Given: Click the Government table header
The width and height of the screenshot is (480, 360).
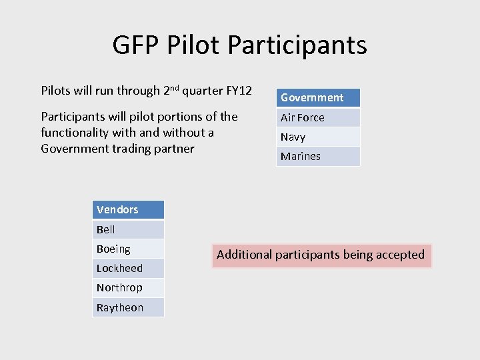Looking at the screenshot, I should pos(318,98).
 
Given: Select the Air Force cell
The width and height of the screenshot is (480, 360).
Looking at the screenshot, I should pos(318,117).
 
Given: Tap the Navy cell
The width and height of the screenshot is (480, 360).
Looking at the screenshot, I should pos(318,137).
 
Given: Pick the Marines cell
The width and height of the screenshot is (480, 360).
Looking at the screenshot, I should pos(318,156).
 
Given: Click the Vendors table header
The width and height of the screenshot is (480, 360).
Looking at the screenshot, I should pos(128,210).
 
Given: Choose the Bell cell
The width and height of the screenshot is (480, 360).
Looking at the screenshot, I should pos(128,229).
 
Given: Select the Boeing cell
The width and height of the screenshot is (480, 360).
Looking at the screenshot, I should pos(128,249).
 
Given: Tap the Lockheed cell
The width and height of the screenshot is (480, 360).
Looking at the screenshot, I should pos(128,268).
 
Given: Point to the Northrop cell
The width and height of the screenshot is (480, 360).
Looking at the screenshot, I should pos(128,287).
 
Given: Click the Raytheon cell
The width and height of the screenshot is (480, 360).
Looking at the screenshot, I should pos(128,307).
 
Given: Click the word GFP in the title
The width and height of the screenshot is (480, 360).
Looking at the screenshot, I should pos(136,45).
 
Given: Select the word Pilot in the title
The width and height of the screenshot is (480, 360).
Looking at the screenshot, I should pos(194,45).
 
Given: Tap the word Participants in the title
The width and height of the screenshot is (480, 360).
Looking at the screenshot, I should pos(297,45).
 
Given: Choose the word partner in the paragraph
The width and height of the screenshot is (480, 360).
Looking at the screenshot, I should pos(173,149).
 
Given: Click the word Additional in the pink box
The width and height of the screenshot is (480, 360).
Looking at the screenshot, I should pos(244,255).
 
